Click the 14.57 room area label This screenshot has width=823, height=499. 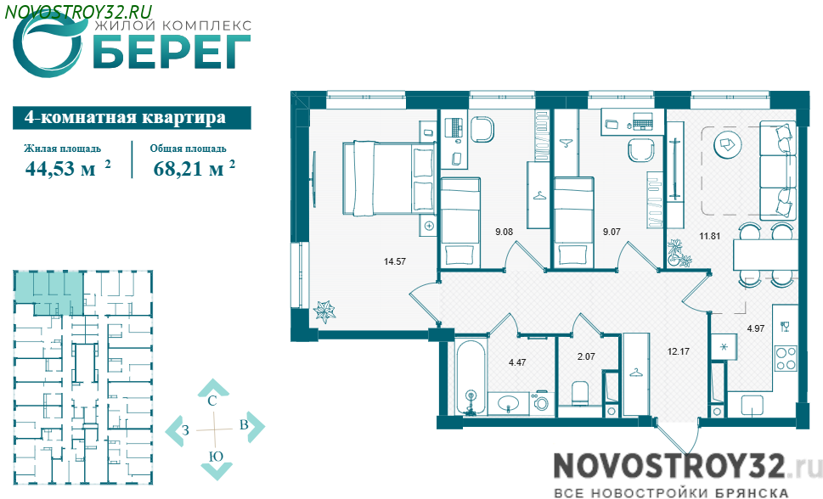[x=395, y=261]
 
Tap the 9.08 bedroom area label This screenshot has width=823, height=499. [x=504, y=232]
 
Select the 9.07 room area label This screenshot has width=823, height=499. [x=612, y=232]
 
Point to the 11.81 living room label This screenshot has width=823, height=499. [x=710, y=236]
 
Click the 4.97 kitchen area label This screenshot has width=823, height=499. [x=756, y=328]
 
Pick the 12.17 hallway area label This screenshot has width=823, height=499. [x=678, y=351]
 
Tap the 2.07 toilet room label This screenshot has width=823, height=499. [x=586, y=356]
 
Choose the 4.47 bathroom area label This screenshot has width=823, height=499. [x=517, y=362]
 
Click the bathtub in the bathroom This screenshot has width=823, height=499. [x=471, y=378]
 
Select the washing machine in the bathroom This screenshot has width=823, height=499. [x=542, y=403]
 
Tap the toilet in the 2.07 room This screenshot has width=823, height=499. [x=581, y=392]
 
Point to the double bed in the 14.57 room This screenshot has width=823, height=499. [x=389, y=178]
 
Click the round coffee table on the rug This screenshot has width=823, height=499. [x=727, y=143]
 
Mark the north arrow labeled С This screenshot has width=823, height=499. [x=212, y=392]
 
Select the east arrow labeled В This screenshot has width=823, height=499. [x=251, y=425]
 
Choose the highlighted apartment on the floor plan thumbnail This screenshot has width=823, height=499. [x=48, y=293]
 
